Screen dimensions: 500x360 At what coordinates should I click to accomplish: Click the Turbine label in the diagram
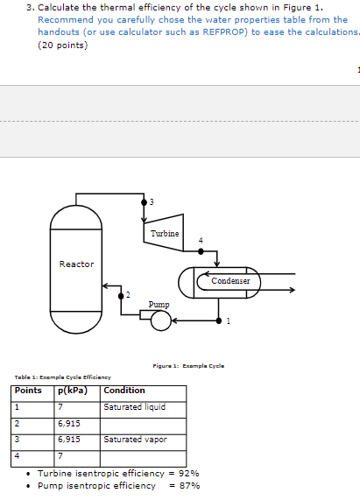coord(164,234)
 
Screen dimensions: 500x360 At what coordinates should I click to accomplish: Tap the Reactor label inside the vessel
coord(76,264)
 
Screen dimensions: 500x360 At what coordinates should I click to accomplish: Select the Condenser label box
coord(230,281)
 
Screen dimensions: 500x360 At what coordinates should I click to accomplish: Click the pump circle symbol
coord(159,321)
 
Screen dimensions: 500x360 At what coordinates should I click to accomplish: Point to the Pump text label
coord(159,304)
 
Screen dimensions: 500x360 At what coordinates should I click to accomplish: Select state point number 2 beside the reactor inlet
coord(127,294)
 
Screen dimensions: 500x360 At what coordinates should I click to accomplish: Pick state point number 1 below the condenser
coord(228,320)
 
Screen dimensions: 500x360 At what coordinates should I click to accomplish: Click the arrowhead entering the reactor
coord(106,285)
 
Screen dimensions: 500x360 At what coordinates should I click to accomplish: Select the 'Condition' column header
coord(124,391)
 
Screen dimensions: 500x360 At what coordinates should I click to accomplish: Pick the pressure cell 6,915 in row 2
coord(69,423)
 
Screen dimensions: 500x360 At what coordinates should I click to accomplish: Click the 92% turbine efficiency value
coord(188,472)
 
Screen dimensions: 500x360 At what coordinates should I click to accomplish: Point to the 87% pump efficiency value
coord(188,485)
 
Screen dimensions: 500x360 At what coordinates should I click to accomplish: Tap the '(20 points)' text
coord(63,46)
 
